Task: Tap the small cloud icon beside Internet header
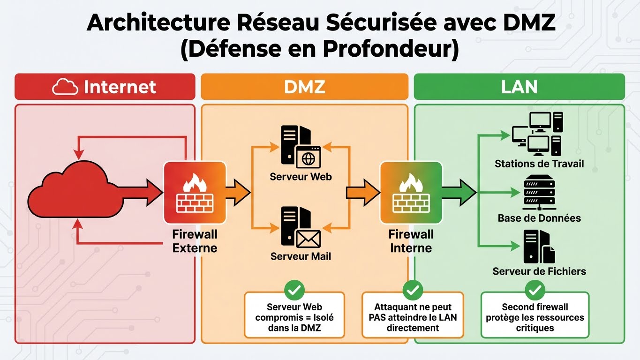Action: (x=65, y=87)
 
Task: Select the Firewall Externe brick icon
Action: (x=195, y=192)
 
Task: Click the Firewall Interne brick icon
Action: (x=411, y=192)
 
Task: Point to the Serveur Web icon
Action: (x=301, y=147)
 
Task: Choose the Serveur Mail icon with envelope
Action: (x=301, y=227)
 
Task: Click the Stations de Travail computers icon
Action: (x=537, y=134)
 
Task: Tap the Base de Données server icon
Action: (x=539, y=192)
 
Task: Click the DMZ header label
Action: (x=304, y=87)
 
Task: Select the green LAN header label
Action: (x=519, y=87)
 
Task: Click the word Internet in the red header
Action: (x=120, y=87)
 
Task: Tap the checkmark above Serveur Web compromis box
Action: (x=294, y=291)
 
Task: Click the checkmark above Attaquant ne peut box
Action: (x=413, y=291)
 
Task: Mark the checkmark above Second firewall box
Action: (x=535, y=291)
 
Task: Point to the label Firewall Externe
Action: (x=195, y=241)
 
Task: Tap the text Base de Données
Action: (x=539, y=218)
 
